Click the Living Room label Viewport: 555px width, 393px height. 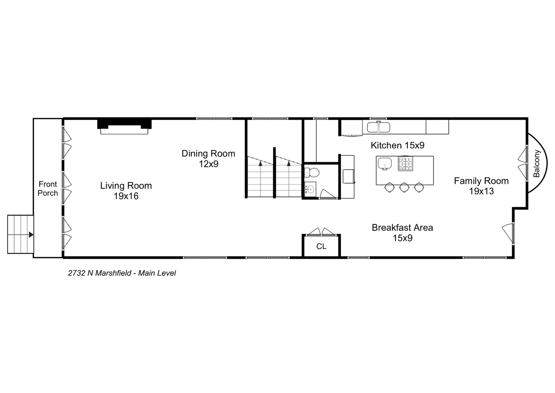pos(126,191)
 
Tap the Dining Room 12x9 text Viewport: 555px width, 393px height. pos(208,159)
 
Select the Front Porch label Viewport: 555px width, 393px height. pos(48,188)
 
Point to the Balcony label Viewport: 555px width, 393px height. pos(536,163)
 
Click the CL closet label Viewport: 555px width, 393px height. pos(321,246)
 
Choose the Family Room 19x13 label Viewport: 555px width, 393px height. pos(481,186)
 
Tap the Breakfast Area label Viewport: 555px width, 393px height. pos(402,233)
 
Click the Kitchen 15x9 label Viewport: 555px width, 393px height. pos(397,145)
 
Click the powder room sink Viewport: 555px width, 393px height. pos(310,189)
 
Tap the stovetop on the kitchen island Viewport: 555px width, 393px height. pos(405,164)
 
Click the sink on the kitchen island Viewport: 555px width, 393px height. pos(385,163)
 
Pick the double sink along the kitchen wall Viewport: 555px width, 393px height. pos(378,127)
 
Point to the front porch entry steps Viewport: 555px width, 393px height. pos(20,234)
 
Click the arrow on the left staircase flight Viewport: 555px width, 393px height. pos(260,164)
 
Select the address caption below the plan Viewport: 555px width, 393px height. pos(122,273)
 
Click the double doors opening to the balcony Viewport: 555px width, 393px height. pos(523,163)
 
